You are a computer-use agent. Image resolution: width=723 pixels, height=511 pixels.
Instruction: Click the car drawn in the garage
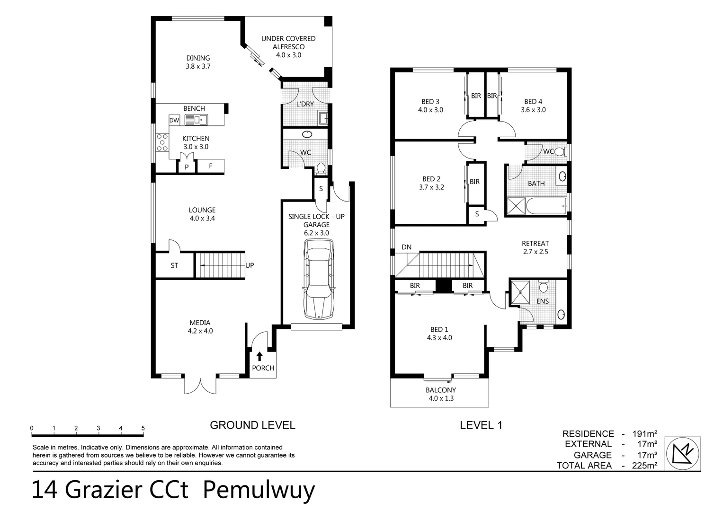point(319,279)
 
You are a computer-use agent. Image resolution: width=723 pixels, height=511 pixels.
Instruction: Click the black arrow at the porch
point(259,356)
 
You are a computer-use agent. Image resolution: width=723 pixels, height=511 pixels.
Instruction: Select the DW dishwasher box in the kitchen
point(174,120)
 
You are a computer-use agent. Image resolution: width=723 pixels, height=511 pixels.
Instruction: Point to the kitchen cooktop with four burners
point(162,142)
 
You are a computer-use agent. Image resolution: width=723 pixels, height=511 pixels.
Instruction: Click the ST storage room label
point(174,265)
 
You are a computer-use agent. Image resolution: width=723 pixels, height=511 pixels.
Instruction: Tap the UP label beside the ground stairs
point(250,265)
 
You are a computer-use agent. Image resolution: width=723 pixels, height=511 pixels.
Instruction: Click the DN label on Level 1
point(406,247)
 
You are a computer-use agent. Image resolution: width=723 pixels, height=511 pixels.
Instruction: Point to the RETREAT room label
point(536,243)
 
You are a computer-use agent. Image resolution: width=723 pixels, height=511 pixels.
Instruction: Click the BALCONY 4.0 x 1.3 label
point(441,394)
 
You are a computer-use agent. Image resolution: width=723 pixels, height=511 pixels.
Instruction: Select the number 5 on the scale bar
point(143,428)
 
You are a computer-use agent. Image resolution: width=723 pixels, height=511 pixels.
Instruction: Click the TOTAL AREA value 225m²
point(644,466)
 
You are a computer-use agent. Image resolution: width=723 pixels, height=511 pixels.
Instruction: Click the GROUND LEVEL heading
point(252,425)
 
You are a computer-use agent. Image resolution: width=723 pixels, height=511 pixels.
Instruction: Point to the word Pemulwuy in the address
point(259,490)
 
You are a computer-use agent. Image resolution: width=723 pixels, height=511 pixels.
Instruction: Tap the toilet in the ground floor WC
point(321,167)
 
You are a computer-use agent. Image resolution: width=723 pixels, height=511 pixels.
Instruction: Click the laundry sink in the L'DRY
point(323,118)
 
